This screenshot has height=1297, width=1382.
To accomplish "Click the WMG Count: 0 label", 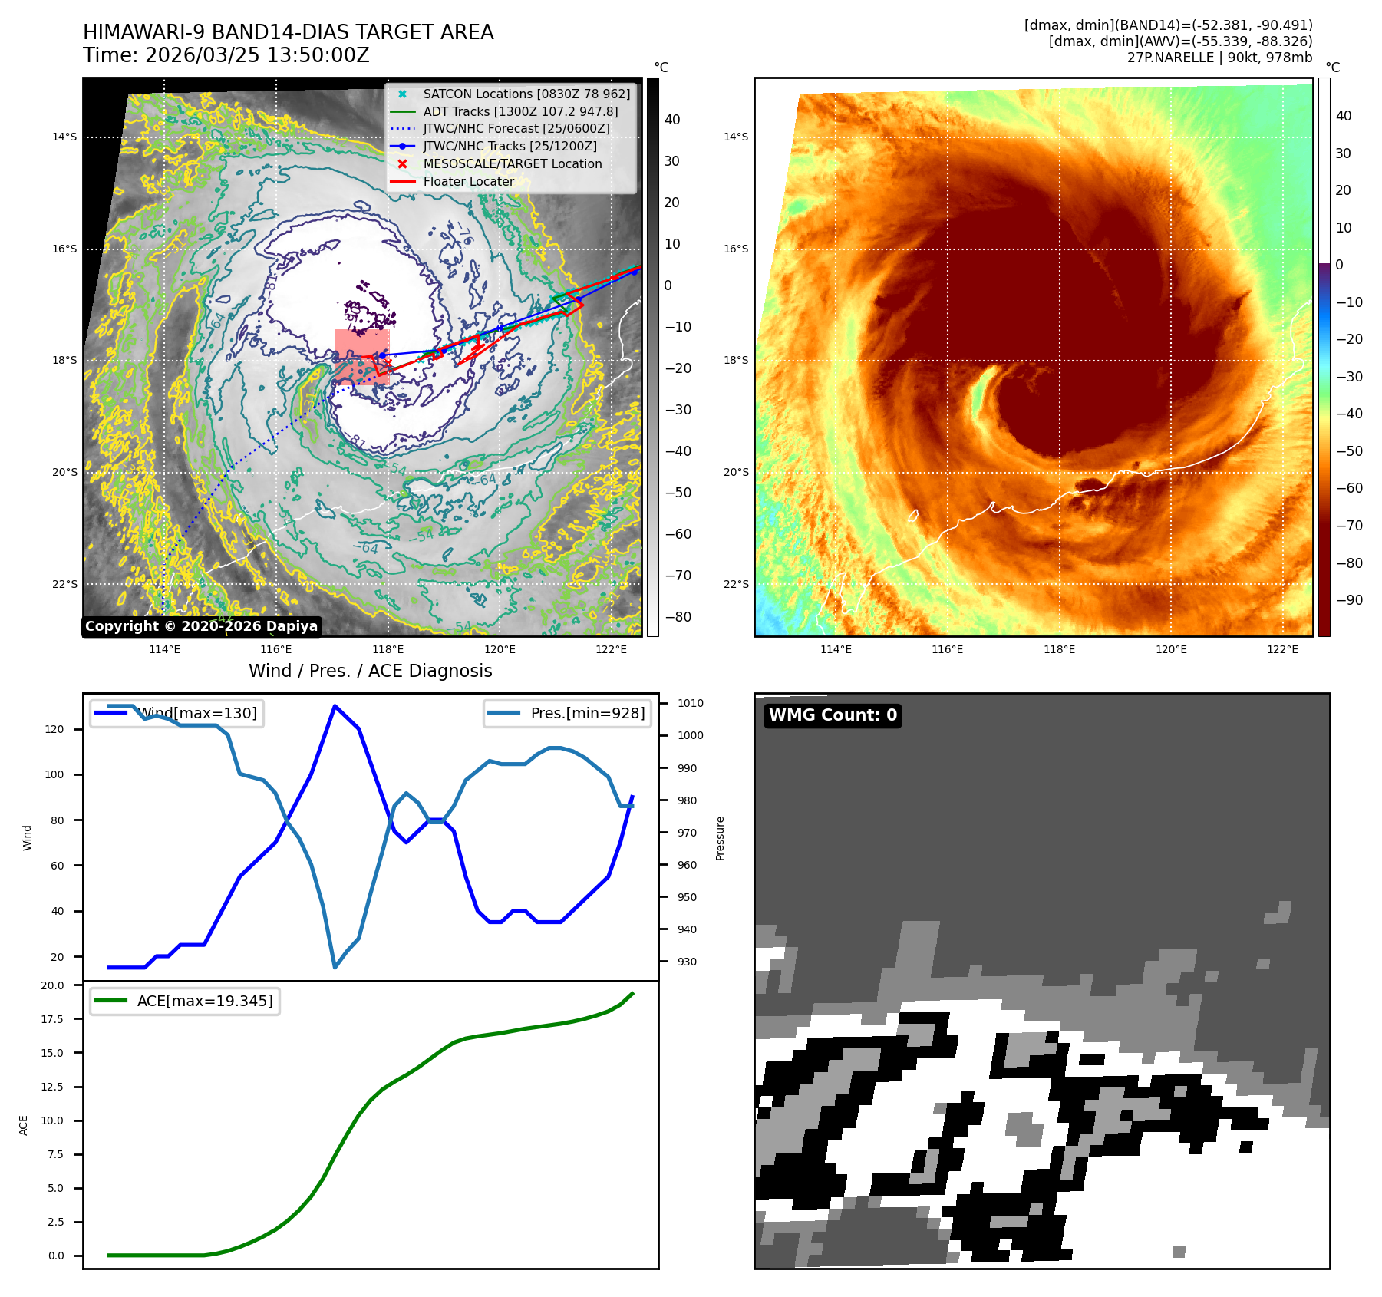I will [833, 715].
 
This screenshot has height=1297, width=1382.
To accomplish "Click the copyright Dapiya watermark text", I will [201, 626].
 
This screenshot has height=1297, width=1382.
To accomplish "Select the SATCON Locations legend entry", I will [526, 94].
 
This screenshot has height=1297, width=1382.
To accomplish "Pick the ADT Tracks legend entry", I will [520, 111].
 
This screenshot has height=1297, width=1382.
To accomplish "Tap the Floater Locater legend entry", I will [468, 181].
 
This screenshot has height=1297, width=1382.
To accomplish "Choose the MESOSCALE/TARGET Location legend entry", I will [512, 163].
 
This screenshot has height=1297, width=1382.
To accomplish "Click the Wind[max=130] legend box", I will [176, 713].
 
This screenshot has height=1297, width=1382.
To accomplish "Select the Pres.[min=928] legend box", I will [569, 713].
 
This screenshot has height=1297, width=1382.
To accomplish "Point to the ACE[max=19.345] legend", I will [185, 1001].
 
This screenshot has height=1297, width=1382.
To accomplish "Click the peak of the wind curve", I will [335, 705].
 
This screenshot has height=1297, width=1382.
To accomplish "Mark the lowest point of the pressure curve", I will [335, 967].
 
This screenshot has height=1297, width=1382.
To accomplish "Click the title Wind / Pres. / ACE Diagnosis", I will [370, 671].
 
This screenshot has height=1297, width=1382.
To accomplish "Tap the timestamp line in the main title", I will [226, 55].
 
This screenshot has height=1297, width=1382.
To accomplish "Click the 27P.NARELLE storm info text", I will [1219, 58].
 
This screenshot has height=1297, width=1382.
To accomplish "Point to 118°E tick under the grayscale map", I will [388, 649].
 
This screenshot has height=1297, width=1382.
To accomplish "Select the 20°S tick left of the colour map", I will [735, 472].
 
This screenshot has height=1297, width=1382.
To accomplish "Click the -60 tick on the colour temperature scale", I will [1349, 488].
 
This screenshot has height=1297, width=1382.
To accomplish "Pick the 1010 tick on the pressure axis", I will [690, 703].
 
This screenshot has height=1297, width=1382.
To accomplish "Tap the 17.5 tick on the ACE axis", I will [52, 1019].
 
